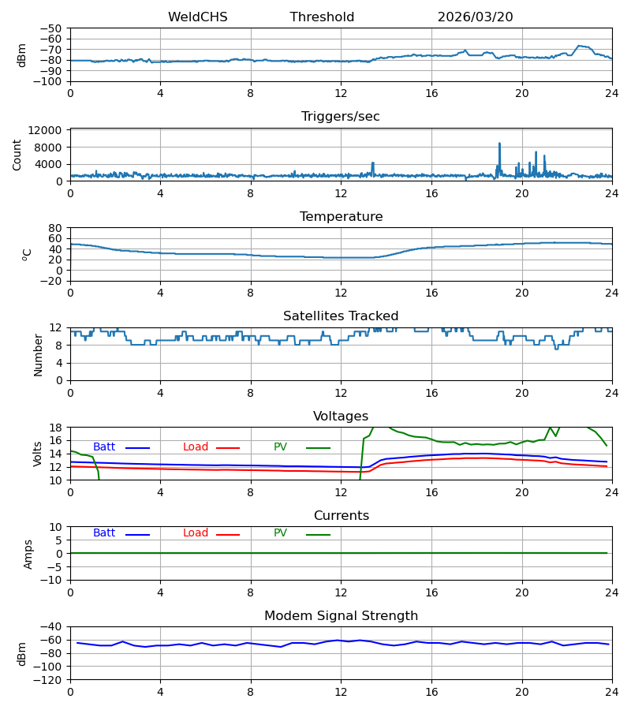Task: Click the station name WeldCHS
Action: pos(198,17)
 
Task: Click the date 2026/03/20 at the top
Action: pos(476,17)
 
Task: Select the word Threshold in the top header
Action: pos(322,17)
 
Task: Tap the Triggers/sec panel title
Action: pos(341,117)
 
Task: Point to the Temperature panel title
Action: pos(341,216)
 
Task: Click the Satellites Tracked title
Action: pos(341,316)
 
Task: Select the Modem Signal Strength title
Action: pos(341,616)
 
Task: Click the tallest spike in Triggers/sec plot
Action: pos(500,144)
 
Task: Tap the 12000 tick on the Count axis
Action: pos(45,130)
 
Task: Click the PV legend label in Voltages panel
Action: pos(280,447)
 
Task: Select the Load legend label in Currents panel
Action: pos(196,533)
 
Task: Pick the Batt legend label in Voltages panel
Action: pos(104,447)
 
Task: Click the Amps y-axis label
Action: pos(28,555)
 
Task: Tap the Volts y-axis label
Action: pos(37,454)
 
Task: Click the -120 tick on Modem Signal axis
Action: pos(48,680)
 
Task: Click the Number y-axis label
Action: pos(38,356)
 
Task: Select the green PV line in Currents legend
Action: pos(318,535)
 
